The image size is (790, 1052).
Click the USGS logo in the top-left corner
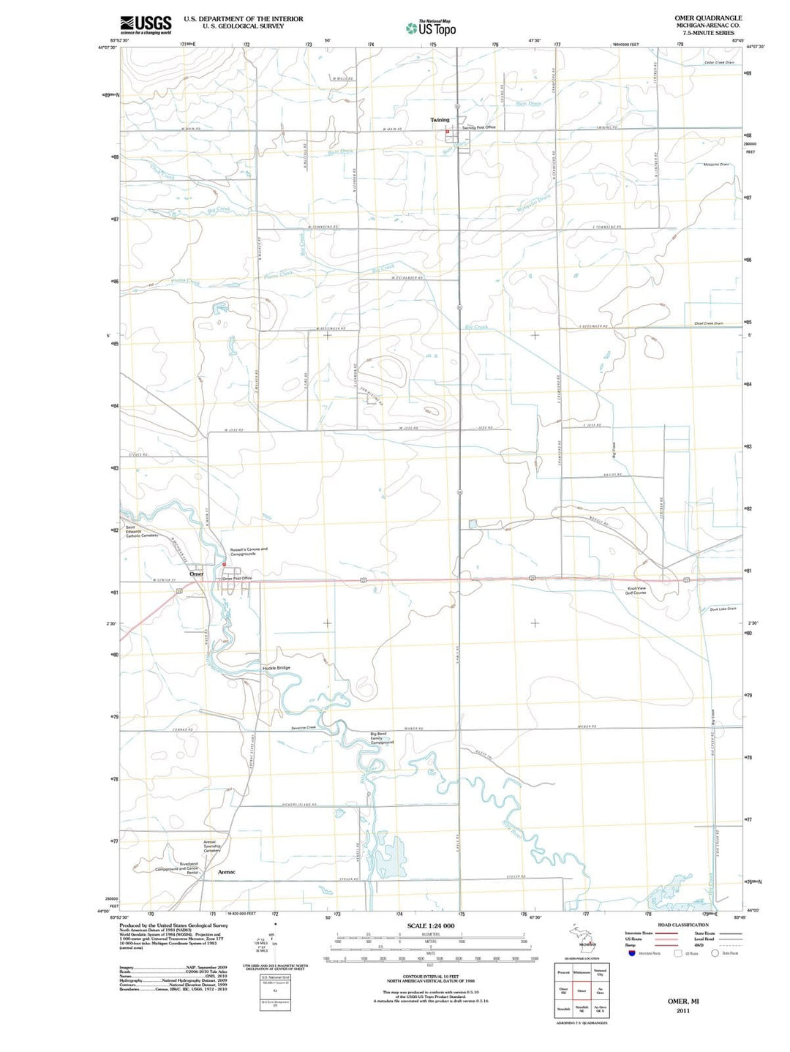[x=146, y=25]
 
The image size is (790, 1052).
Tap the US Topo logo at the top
[x=432, y=29]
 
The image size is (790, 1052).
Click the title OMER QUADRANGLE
[x=707, y=18]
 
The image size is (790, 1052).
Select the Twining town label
[x=440, y=120]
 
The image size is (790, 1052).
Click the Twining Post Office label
[x=478, y=127]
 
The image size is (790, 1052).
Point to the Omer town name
[x=196, y=574]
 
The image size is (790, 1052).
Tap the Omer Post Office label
[x=237, y=579]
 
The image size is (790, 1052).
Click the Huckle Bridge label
[x=276, y=668]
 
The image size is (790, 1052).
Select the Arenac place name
[x=227, y=872]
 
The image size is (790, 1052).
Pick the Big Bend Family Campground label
[x=382, y=737]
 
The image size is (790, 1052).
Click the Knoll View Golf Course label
[x=636, y=590]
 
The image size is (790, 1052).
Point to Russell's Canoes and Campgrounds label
[x=249, y=552]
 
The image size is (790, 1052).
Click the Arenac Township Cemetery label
[x=212, y=846]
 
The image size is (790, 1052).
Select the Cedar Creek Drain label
[x=719, y=63]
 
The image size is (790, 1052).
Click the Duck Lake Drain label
[x=723, y=609]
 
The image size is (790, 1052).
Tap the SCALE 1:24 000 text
[x=431, y=926]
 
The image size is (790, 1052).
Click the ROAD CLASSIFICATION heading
[x=682, y=925]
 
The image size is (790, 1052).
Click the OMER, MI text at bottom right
[x=683, y=1000]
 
